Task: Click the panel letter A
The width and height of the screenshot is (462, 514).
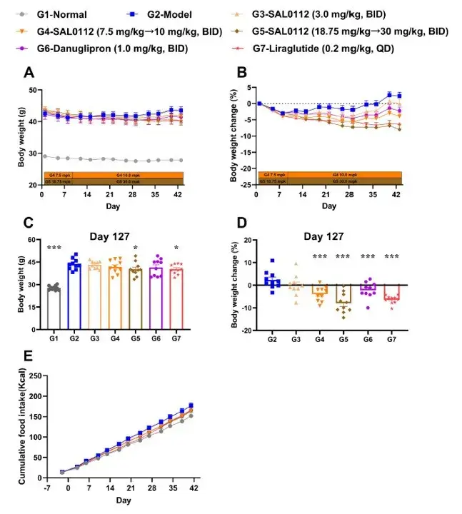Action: pyautogui.click(x=28, y=72)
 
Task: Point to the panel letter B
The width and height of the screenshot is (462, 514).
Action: pyautogui.click(x=243, y=72)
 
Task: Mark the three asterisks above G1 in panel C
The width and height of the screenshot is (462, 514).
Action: pyautogui.click(x=52, y=248)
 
